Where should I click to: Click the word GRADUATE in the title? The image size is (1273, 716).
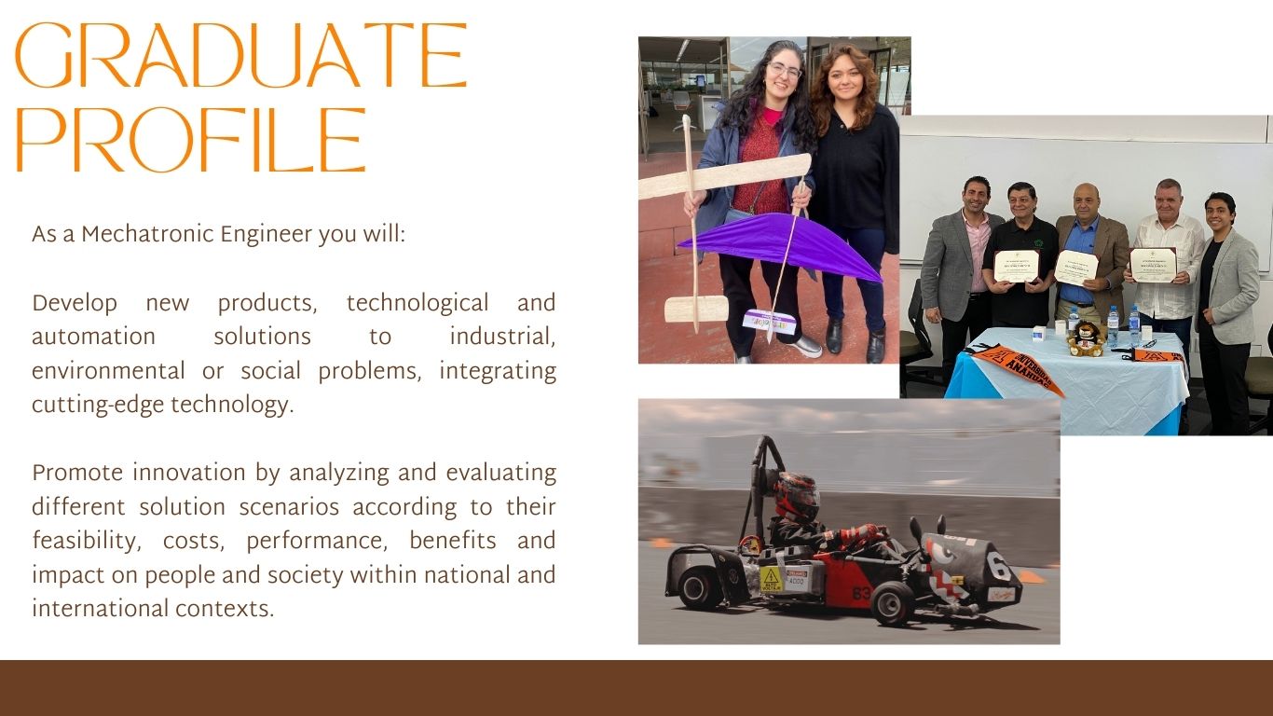point(241,55)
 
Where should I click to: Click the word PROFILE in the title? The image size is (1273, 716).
point(190,140)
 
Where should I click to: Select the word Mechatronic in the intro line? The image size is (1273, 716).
point(148,234)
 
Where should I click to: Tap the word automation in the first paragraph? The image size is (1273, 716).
point(93,337)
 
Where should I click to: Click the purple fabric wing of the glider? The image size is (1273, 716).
point(782,243)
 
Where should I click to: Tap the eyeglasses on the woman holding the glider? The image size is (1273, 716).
point(785,71)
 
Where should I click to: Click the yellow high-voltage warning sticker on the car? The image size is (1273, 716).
point(772,579)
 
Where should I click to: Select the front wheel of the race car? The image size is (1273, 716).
point(892,604)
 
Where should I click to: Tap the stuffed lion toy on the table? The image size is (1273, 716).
point(1086,338)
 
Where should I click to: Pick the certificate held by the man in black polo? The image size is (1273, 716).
point(1016,266)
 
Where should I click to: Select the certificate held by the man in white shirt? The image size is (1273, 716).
point(1153,265)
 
